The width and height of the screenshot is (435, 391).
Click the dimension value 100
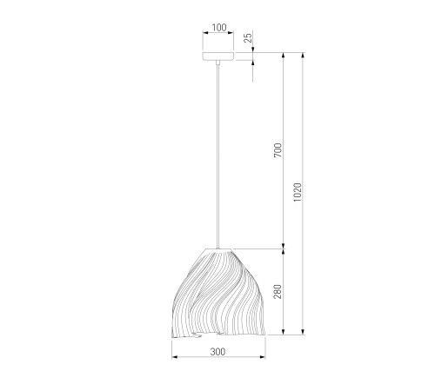click(219, 28)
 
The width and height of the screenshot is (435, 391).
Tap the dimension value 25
click(248, 38)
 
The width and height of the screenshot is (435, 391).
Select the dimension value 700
click(278, 150)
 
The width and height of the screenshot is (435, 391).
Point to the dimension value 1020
click(298, 192)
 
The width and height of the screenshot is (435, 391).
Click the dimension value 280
click(278, 291)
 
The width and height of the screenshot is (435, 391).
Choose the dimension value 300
click(217, 352)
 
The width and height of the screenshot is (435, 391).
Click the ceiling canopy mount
click(218, 56)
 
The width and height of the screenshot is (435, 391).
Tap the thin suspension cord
click(218, 156)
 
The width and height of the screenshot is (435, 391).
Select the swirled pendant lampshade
click(218, 293)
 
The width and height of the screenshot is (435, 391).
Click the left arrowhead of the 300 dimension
click(174, 357)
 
